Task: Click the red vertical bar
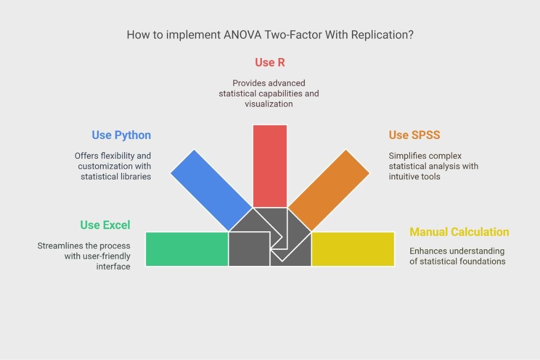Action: [x=270, y=166]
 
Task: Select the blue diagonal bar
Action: [x=211, y=190]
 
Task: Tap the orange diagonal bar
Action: [x=328, y=190]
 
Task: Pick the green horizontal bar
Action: [x=187, y=249]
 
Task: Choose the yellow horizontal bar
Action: [x=353, y=249]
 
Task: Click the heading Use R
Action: [x=270, y=63]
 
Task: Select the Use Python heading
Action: [x=121, y=135]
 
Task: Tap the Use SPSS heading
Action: [x=414, y=135]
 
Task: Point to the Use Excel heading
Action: [x=105, y=225]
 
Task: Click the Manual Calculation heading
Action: [x=459, y=232]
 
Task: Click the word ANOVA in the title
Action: [x=243, y=35]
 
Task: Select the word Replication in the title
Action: [x=382, y=35]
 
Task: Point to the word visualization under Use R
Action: [x=269, y=104]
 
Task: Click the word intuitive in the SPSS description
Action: [x=401, y=176]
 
